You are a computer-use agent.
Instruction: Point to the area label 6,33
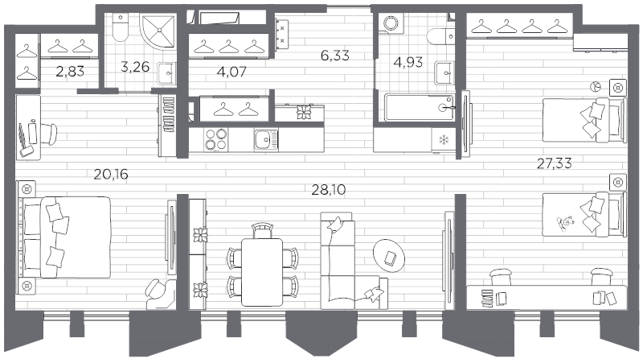click(x=335, y=56)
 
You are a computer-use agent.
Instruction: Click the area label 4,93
click(x=408, y=63)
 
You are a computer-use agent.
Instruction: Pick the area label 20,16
click(x=110, y=172)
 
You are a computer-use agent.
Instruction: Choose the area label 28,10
click(x=328, y=190)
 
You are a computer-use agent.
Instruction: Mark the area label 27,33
click(x=555, y=164)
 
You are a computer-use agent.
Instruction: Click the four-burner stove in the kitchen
click(x=216, y=140)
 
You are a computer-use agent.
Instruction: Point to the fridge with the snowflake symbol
click(x=441, y=140)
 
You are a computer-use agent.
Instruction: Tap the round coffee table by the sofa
click(x=391, y=256)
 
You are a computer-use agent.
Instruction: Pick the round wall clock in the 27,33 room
click(x=596, y=85)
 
